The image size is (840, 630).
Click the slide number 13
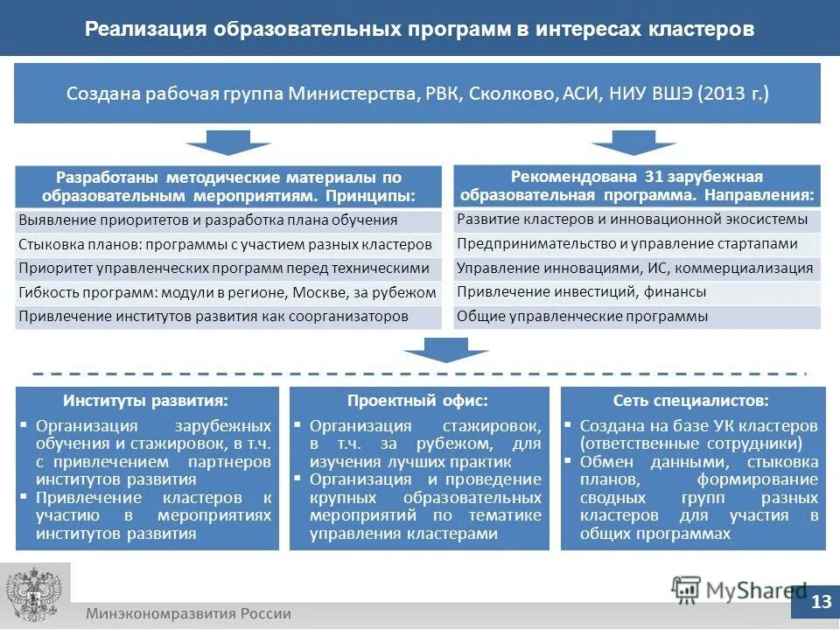(x=821, y=601)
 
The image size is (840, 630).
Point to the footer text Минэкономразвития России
(x=188, y=613)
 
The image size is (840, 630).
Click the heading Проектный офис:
(x=417, y=401)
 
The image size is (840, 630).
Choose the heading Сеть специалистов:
(x=691, y=401)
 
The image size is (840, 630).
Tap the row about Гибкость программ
(x=227, y=292)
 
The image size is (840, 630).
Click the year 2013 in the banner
(x=723, y=94)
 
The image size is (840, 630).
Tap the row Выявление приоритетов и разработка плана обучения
(x=208, y=220)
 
